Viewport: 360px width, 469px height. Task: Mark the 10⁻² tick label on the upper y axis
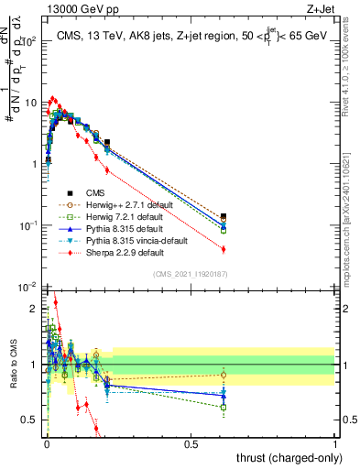pos(30,287)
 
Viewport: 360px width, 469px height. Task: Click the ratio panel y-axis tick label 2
pos(34,309)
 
